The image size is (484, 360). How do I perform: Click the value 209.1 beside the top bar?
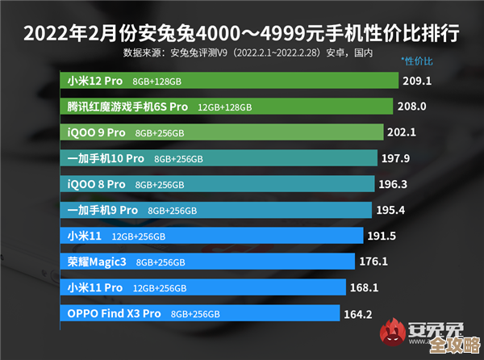coord(418,81)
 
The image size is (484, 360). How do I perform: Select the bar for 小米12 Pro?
coord(230,81)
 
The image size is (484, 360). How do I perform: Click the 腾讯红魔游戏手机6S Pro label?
coord(127,107)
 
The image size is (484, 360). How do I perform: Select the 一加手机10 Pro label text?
coord(106,158)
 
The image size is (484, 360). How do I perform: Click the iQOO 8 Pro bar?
coord(218,184)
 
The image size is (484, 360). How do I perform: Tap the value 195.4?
coord(390,210)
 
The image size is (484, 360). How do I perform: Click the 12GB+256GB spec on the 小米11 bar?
coord(139,237)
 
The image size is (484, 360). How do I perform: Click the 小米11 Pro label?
coord(95,287)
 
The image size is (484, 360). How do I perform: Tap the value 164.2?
coord(358,314)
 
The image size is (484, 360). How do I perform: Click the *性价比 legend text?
coord(417,61)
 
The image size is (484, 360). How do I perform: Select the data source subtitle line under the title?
coord(248,52)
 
